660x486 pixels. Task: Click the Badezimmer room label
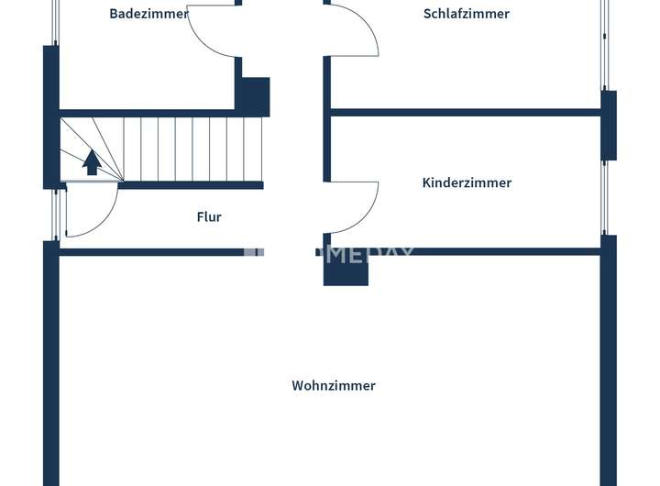[148, 14]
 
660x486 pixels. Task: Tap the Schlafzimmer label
[466, 14]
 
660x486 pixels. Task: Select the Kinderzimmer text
[467, 182]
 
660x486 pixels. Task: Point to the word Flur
[209, 217]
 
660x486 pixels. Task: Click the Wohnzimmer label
[334, 386]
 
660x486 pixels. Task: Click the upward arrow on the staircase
[92, 162]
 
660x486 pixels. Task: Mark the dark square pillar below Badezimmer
[254, 96]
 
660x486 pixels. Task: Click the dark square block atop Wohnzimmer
[346, 270]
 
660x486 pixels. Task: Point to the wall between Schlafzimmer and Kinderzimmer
[466, 113]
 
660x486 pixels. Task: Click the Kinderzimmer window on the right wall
[604, 197]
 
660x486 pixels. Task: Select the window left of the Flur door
[55, 213]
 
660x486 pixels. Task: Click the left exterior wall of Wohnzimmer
[51, 367]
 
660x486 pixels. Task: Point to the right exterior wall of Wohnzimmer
[610, 367]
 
